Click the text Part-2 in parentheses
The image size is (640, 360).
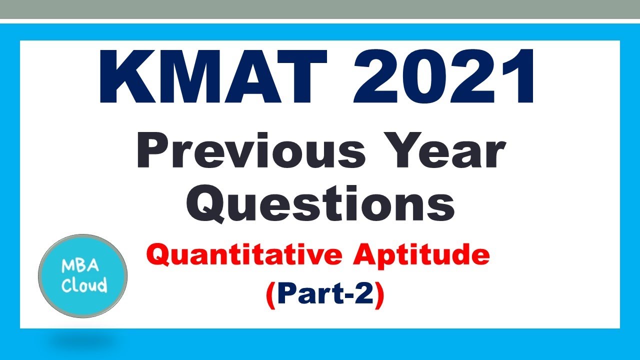325,295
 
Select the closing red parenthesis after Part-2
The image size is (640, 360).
379,296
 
